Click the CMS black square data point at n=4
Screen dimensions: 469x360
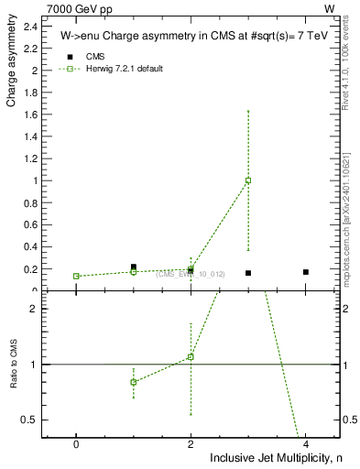click(x=306, y=272)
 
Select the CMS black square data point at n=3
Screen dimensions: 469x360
click(x=248, y=273)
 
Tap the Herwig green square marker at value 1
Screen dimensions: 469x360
click(x=248, y=180)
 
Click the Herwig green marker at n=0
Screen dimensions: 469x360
click(x=76, y=276)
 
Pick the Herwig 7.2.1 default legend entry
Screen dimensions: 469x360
click(x=125, y=69)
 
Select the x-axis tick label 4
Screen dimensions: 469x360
click(x=306, y=443)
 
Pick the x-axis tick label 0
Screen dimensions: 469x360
click(x=76, y=443)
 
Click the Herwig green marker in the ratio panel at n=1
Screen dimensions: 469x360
click(x=134, y=382)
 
